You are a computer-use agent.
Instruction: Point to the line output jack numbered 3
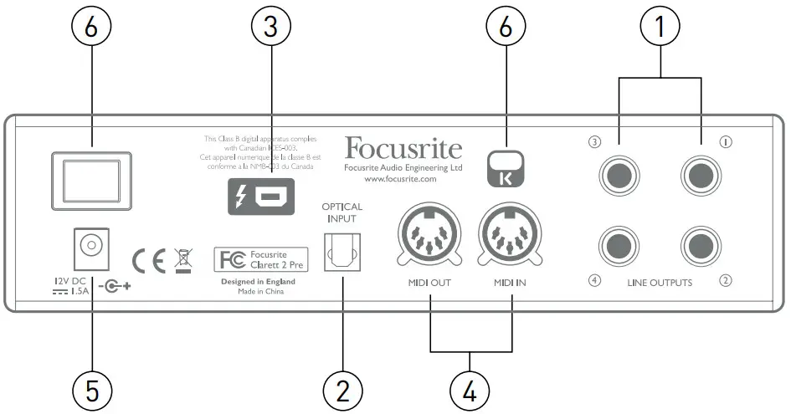click(x=620, y=176)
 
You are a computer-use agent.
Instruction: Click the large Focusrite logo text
click(x=403, y=149)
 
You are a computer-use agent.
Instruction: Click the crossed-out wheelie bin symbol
click(x=183, y=258)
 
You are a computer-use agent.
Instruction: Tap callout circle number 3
click(x=270, y=27)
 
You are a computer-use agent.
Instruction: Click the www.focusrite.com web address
click(x=402, y=180)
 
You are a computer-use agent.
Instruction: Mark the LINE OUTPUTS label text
click(x=660, y=283)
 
